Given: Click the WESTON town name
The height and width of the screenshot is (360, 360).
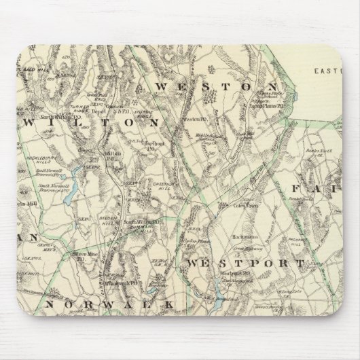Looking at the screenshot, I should tap(216, 87).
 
